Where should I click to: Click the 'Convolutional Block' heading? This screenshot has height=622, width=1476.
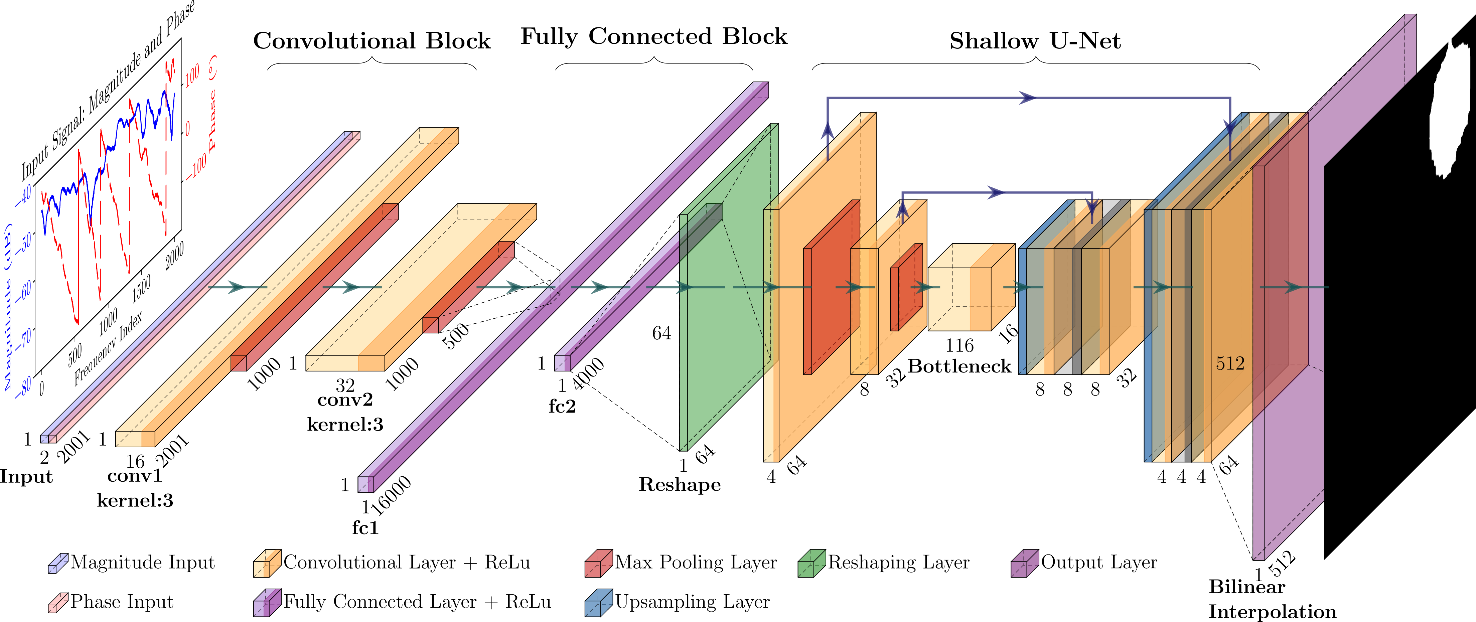(372, 41)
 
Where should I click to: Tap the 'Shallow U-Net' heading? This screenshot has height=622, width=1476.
(1035, 41)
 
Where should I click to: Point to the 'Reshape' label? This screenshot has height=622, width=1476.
(680, 485)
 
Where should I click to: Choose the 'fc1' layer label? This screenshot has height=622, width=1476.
(365, 527)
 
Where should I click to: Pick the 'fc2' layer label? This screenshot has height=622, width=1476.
(562, 407)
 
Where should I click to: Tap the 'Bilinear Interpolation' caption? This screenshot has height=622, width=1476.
(1272, 599)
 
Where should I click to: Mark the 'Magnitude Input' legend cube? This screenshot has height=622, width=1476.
(58, 563)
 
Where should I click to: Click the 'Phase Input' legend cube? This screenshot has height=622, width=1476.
(58, 603)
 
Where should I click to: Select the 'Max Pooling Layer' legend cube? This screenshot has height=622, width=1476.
(598, 563)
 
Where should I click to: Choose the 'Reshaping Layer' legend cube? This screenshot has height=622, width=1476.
(811, 563)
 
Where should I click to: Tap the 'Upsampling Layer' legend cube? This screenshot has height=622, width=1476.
(598, 603)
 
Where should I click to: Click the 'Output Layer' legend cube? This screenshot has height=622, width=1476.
(1025, 563)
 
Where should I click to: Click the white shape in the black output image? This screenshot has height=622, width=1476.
(1453, 109)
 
